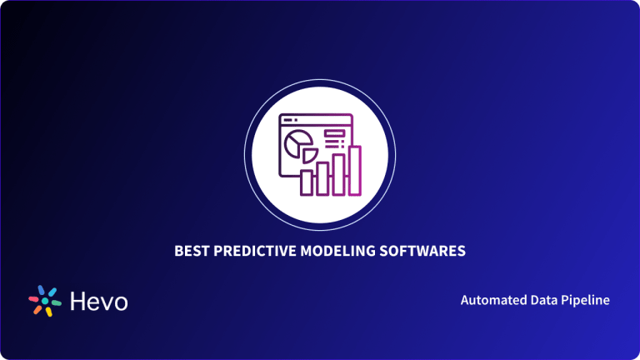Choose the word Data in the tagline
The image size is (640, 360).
pos(542,299)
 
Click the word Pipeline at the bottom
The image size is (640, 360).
pos(585,299)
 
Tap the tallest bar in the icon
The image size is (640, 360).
pos(355,172)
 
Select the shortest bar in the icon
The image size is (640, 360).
pos(306,182)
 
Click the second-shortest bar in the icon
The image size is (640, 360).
pos(322,178)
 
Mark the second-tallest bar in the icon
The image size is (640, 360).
pos(339,174)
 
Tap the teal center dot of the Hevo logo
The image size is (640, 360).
pos(44,301)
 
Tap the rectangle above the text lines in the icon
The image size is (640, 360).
pos(335,132)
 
